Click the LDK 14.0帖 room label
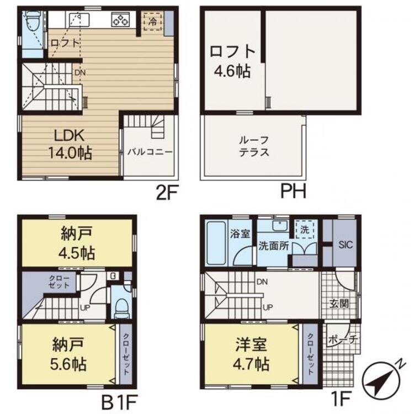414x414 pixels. tap(70, 144)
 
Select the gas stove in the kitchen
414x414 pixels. tap(120, 20)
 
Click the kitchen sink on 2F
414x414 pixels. tap(79, 20)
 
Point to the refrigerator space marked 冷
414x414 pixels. tap(152, 21)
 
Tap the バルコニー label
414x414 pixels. tap(150, 152)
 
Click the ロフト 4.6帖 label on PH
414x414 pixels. tap(232, 61)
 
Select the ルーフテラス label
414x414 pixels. tap(254, 146)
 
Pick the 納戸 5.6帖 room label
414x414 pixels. tap(68, 354)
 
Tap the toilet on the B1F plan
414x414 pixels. tap(121, 308)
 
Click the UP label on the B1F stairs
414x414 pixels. tap(85, 307)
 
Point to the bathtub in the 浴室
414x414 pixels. tap(216, 243)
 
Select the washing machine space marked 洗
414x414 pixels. tap(305, 230)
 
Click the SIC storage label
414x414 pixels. tap(346, 245)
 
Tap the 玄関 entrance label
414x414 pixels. tap(339, 304)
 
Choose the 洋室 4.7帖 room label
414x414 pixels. tap(251, 354)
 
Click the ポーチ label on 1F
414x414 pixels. tap(342, 339)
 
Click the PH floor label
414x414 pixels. tap(293, 192)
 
